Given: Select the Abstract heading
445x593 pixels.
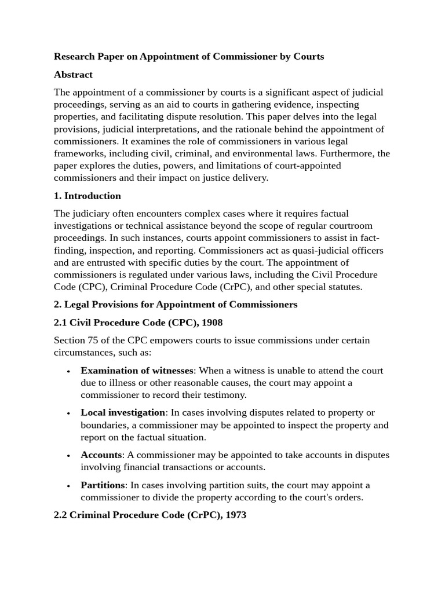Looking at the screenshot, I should point(73,75).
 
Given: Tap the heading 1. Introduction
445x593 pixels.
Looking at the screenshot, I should point(87,196).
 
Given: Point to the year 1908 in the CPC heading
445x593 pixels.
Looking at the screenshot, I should point(211,322).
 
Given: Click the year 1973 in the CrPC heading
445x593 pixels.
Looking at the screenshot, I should point(235,514).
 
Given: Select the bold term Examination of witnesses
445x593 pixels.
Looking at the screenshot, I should point(136,371).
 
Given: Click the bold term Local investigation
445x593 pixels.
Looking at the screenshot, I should point(123,412).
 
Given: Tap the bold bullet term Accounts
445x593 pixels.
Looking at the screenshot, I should point(101,455).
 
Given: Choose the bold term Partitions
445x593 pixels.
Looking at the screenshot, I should point(103,485).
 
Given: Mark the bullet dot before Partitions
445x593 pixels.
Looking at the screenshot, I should point(69,486).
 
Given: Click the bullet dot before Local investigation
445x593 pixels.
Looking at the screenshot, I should point(69,413).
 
